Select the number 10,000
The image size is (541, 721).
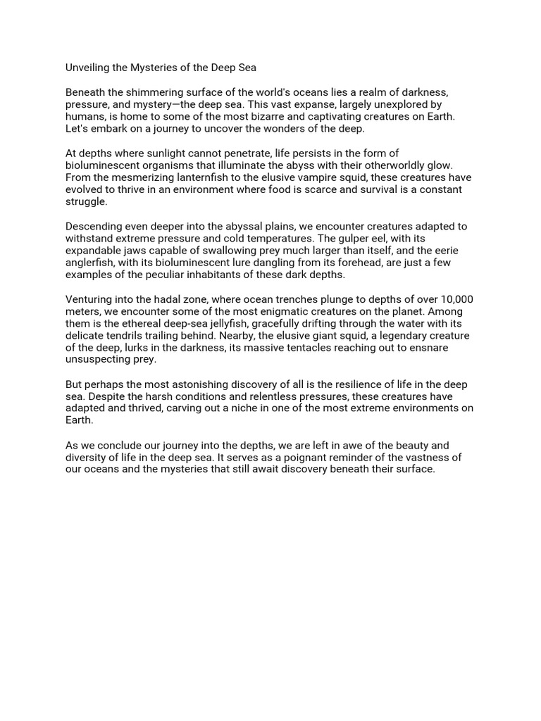[x=454, y=299]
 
